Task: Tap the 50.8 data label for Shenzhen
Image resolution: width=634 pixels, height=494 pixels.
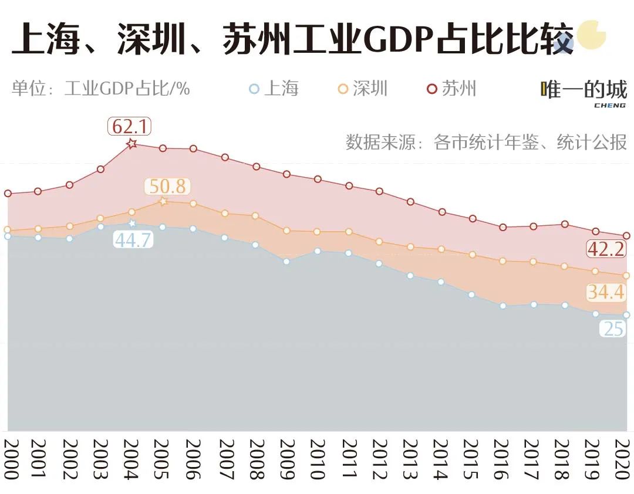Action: (167, 187)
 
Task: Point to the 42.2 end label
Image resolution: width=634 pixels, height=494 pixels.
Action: (606, 249)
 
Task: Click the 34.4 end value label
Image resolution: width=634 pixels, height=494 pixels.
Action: (606, 292)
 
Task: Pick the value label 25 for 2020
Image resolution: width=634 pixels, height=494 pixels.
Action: (613, 329)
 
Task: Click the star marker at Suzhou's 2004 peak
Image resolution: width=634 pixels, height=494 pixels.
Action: (132, 143)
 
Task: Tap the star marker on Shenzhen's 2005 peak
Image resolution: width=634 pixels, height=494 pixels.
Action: (164, 201)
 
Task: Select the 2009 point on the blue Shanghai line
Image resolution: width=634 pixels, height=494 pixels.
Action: (286, 262)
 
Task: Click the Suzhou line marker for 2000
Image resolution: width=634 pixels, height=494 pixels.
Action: (8, 193)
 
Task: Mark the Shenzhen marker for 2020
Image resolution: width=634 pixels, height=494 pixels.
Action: (626, 275)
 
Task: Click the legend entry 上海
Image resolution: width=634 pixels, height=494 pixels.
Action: (274, 89)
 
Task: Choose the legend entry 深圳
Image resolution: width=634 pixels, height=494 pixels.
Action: (363, 89)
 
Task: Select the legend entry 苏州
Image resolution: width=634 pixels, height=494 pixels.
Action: (451, 89)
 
